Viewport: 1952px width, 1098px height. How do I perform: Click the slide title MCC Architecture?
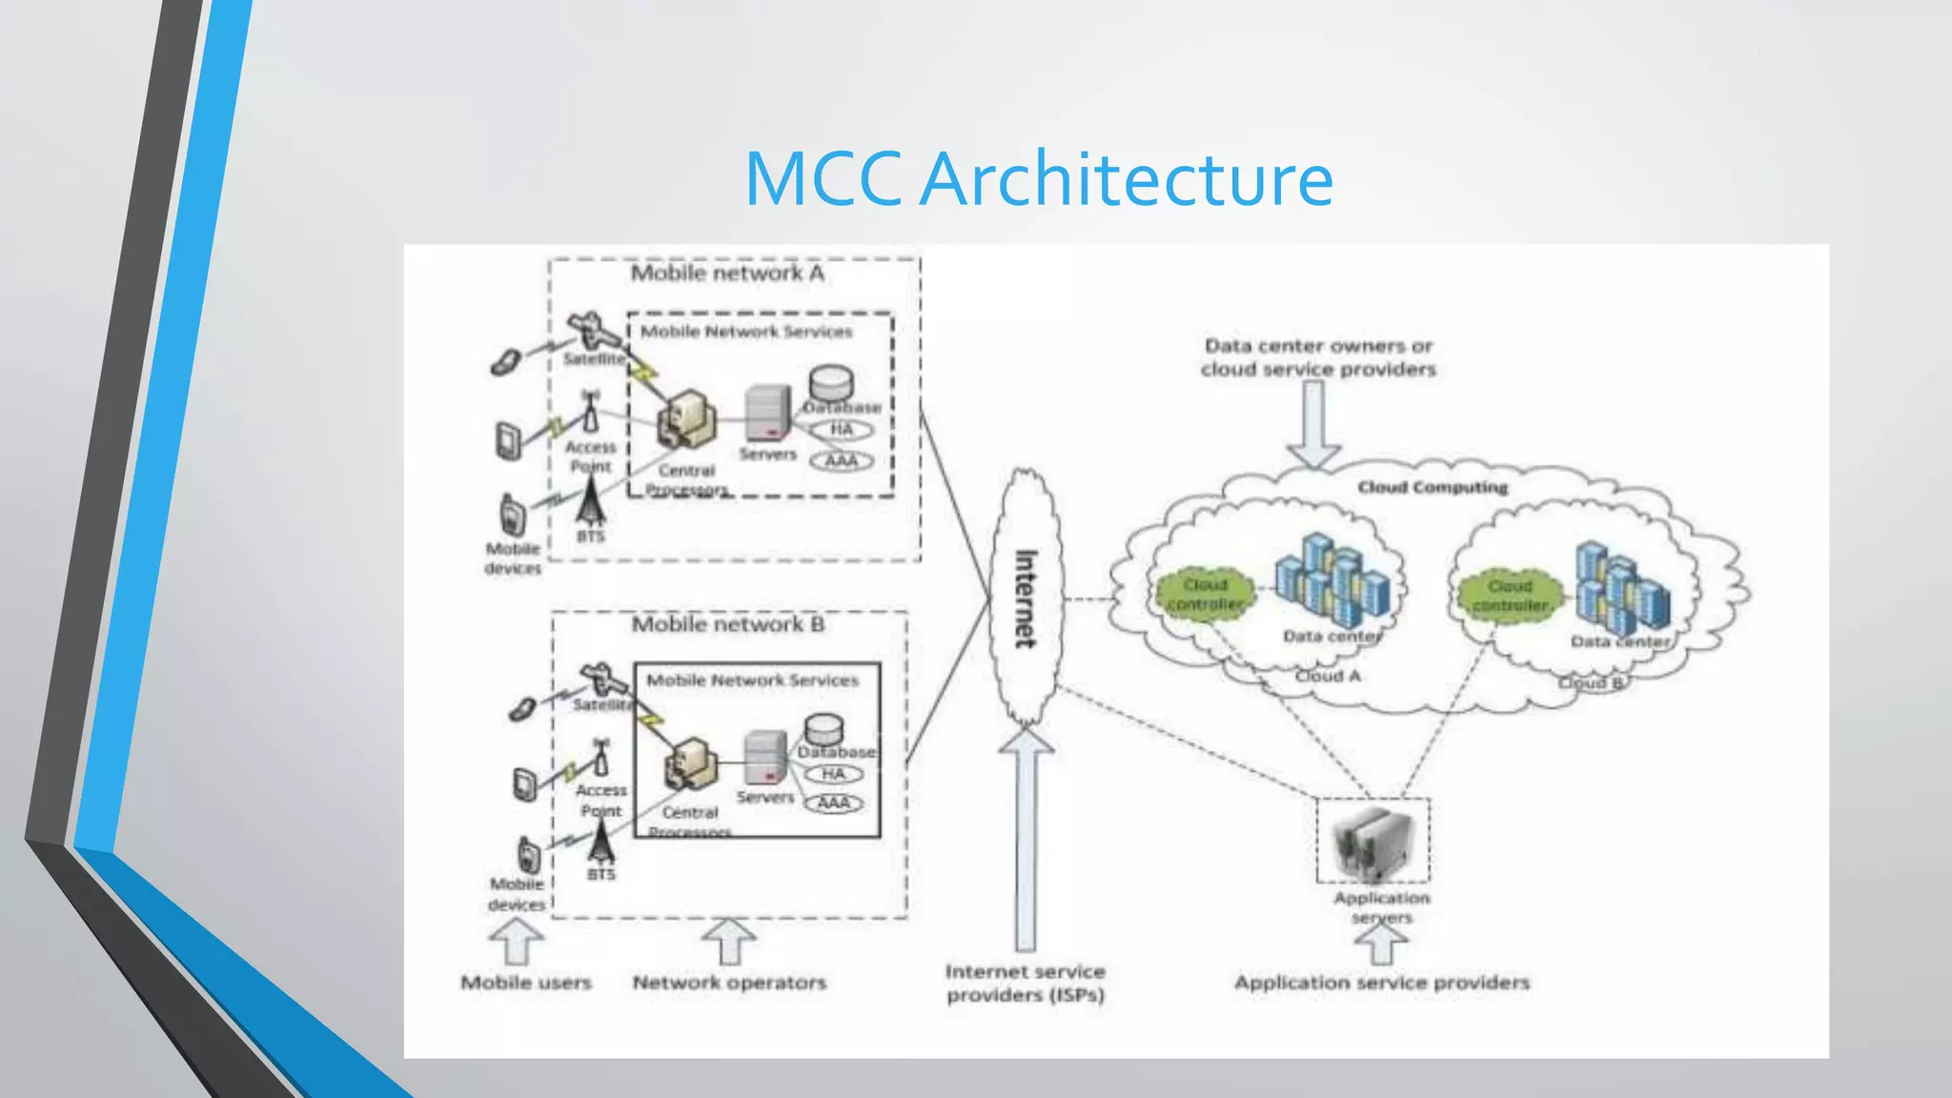pos(1038,179)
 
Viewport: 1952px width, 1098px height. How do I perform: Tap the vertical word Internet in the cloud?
pos(1025,599)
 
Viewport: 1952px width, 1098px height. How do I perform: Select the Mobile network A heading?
pos(727,274)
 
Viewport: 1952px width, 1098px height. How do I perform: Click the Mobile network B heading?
pos(728,624)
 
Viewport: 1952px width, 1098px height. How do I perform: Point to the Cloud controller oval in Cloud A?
pos(1205,594)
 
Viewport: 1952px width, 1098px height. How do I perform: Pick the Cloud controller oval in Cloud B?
pos(1510,595)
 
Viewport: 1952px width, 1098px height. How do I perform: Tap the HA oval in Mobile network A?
pos(841,430)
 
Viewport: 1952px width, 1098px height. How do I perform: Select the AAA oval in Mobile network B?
pos(834,803)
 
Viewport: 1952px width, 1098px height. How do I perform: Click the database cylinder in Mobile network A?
pos(830,383)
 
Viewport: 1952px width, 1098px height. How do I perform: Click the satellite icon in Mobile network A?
pos(591,333)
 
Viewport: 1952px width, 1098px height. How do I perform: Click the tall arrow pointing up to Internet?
pos(1026,839)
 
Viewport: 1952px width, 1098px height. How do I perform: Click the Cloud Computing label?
pos(1433,487)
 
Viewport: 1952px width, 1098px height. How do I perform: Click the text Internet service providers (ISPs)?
pos(1026,983)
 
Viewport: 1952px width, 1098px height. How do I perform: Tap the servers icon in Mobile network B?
pos(764,760)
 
